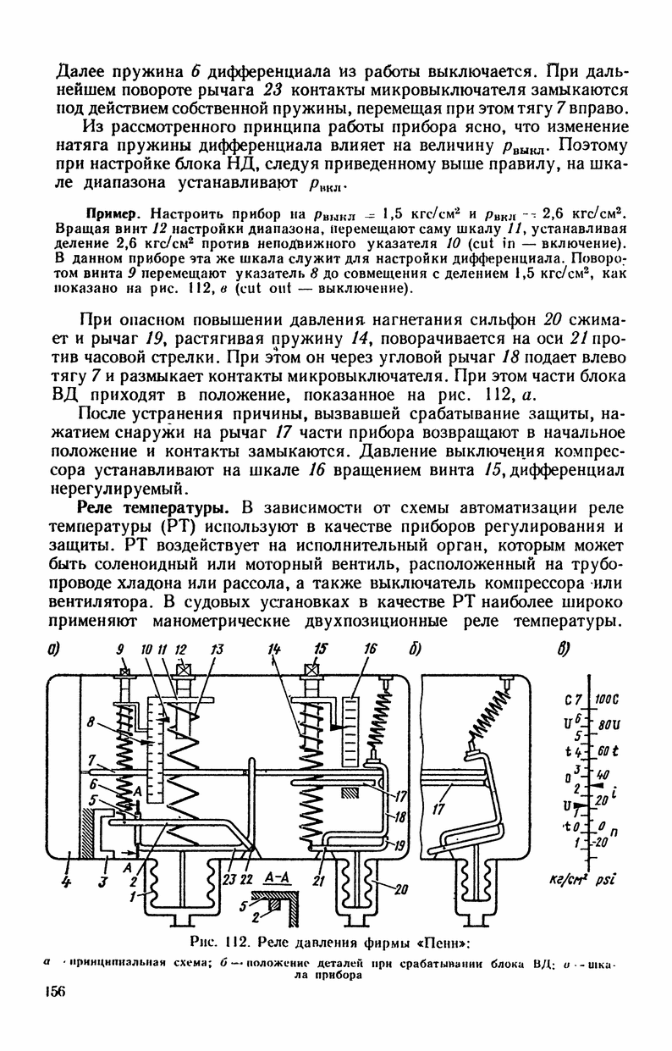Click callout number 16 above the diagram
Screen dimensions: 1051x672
tap(370, 650)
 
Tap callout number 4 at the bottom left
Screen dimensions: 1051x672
tap(65, 882)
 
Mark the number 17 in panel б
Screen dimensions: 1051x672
tap(438, 808)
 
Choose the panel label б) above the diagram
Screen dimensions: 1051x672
tap(416, 650)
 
